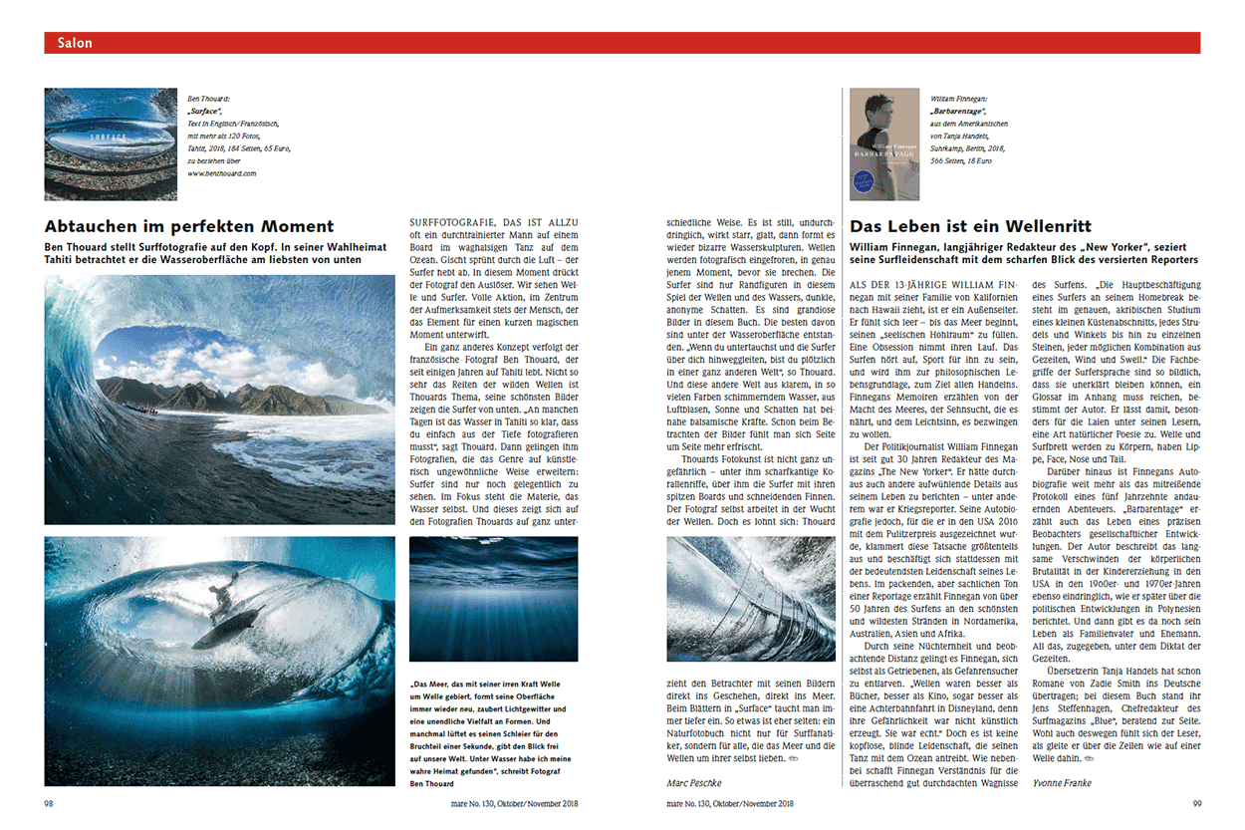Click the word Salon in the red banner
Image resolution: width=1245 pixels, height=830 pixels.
pyautogui.click(x=75, y=43)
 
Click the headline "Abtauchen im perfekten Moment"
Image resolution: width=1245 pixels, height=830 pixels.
pyautogui.click(x=189, y=226)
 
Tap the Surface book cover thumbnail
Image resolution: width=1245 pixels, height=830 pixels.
pyautogui.click(x=110, y=134)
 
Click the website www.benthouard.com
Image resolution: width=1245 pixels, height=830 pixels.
pyautogui.click(x=222, y=173)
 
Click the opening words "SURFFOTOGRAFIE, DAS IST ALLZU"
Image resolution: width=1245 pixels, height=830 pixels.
pyautogui.click(x=493, y=221)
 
